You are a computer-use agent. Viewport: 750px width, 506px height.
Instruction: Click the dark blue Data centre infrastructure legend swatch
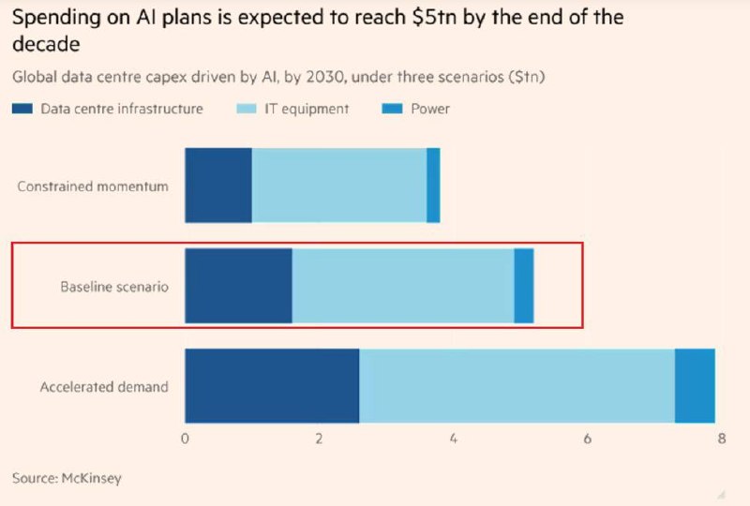(x=22, y=110)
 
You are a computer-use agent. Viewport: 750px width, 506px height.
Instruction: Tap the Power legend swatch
(x=393, y=110)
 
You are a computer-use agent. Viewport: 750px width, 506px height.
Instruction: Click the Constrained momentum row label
(x=93, y=186)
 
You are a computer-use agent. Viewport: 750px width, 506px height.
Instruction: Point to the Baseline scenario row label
(x=114, y=287)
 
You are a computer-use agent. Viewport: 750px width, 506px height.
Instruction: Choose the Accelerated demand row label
(x=104, y=386)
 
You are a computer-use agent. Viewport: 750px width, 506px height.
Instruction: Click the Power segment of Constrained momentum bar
(x=433, y=186)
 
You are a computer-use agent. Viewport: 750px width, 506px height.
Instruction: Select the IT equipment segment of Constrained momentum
(x=339, y=186)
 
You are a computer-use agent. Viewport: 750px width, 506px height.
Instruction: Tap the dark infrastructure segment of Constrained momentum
(x=218, y=186)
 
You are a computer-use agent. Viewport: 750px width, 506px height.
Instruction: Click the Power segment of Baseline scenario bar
(x=524, y=286)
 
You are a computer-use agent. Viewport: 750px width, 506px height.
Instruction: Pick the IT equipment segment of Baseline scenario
(x=403, y=286)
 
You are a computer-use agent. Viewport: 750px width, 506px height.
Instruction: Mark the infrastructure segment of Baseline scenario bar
(x=238, y=286)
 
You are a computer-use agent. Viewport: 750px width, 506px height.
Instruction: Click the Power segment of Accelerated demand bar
(x=695, y=386)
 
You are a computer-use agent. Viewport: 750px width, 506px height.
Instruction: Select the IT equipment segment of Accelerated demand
(x=517, y=386)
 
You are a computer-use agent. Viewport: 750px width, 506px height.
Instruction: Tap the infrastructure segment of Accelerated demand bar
(x=272, y=386)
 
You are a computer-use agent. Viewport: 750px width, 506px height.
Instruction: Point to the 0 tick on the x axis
(x=186, y=439)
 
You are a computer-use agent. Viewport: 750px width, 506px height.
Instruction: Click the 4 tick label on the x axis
(x=453, y=439)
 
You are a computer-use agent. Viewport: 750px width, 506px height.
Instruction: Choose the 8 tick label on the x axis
(x=720, y=439)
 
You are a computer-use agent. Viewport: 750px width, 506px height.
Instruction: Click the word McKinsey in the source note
(x=92, y=478)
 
